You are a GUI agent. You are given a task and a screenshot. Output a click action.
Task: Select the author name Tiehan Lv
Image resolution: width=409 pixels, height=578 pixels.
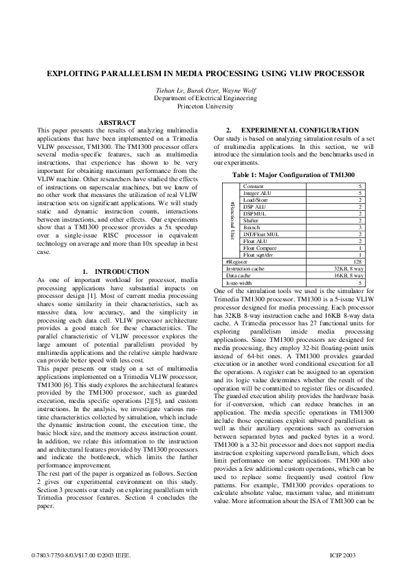pos(169,91)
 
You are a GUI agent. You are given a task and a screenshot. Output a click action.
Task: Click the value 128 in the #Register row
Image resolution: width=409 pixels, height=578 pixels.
pos(357,261)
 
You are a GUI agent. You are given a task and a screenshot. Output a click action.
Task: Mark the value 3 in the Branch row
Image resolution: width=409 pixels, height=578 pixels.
pos(360,227)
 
